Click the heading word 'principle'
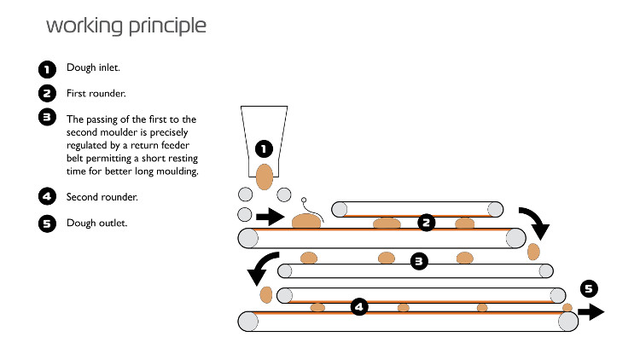point(167,26)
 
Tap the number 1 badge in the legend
point(47,69)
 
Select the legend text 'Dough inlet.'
point(93,67)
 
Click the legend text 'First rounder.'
point(96,94)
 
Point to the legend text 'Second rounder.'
point(102,197)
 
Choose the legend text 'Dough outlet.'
point(96,223)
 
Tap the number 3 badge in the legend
point(47,117)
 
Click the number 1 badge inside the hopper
point(264,149)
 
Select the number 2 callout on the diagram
point(426,223)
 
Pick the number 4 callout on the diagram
point(359,306)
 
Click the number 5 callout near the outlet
point(589,289)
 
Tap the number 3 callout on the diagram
point(419,261)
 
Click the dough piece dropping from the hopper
point(264,177)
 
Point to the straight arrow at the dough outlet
point(591,312)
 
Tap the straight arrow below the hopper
point(271,217)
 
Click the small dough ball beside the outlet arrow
point(567,307)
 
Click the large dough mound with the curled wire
point(306,221)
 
